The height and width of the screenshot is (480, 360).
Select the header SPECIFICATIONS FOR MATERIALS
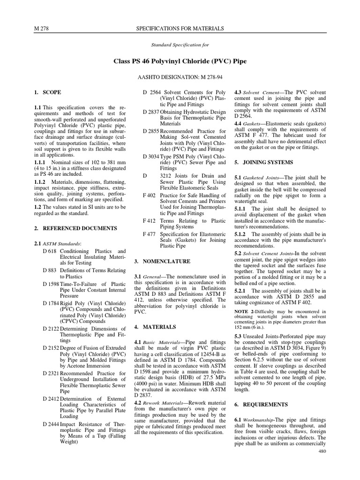pyautogui.click(x=180, y=29)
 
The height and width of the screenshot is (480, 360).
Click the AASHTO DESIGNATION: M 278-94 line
pyautogui.click(x=180, y=75)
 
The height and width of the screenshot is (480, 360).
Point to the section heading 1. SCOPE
pyautogui.click(x=48, y=93)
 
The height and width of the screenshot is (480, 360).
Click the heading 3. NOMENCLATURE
pyautogui.click(x=162, y=261)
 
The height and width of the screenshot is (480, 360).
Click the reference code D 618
pyautogui.click(x=49, y=252)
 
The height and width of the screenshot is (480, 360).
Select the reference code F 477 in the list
pyautogui.click(x=149, y=233)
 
